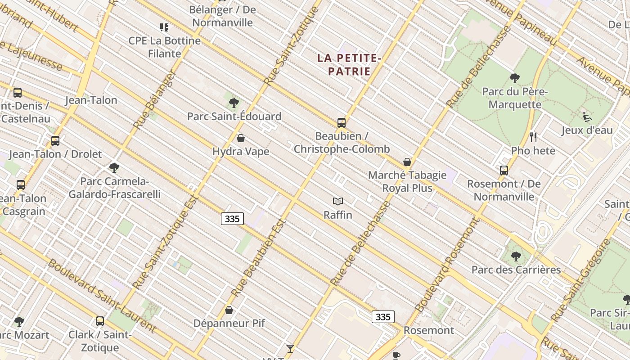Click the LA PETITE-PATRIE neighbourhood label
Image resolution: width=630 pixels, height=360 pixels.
[349, 64]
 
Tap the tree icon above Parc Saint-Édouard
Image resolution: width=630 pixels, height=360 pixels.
[234, 103]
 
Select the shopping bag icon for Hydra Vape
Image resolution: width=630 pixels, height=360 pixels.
[241, 138]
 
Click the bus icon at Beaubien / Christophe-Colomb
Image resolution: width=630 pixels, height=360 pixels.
[341, 123]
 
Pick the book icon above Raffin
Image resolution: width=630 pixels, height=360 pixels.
[338, 202]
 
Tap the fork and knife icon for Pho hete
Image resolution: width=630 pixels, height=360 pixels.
[533, 137]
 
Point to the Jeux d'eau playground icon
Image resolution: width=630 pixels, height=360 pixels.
[587, 117]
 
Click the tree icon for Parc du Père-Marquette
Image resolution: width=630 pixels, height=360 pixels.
[515, 79]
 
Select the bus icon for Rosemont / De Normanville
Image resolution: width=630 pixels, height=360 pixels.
[504, 171]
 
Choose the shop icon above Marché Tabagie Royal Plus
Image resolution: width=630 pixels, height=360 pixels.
[407, 162]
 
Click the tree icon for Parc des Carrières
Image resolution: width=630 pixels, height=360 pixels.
[516, 256]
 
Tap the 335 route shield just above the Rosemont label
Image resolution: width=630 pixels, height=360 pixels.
[383, 317]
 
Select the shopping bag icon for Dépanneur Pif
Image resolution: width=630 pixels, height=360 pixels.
[229, 310]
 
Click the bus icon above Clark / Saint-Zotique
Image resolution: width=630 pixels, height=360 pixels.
[100, 321]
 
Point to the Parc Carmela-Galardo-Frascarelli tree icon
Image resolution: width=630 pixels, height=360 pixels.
[114, 168]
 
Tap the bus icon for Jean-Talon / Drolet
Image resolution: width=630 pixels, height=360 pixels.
[55, 141]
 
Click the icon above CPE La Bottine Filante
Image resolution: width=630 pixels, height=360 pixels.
[164, 27]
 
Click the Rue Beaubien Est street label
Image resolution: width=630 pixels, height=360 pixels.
[259, 258]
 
